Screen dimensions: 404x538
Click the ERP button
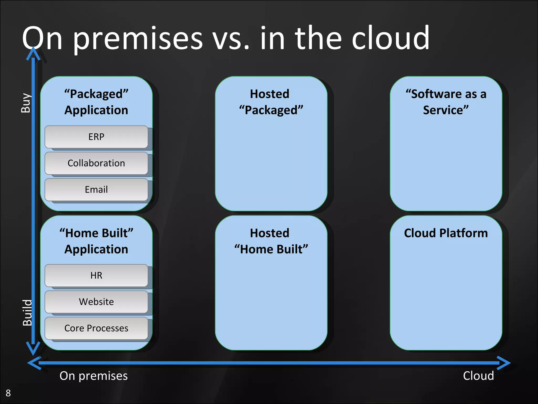96,137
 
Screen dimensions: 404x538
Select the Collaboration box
96,163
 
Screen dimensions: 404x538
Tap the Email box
96,189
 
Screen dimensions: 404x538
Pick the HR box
96,275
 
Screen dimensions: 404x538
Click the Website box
96,302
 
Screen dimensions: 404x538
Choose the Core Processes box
96,328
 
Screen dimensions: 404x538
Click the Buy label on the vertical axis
26,103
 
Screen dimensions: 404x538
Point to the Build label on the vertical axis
27,312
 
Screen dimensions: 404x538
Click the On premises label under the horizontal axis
94,376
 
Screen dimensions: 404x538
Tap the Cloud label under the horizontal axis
478,376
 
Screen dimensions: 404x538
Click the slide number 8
8,393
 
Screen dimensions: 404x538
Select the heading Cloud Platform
446,233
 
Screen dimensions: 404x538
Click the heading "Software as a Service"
446,102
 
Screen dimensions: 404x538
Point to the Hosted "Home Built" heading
271,241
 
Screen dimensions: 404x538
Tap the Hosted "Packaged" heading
271,102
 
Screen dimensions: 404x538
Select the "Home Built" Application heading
96,241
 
